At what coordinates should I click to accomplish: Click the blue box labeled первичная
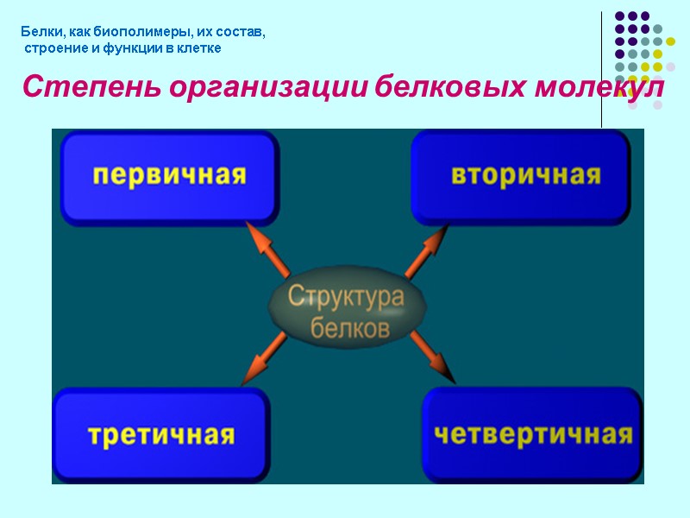pyautogui.click(x=169, y=177)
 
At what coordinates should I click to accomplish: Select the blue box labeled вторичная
pyautogui.click(x=520, y=177)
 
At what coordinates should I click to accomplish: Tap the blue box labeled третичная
pyautogui.click(x=162, y=433)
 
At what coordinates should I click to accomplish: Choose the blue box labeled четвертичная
pyautogui.click(x=532, y=433)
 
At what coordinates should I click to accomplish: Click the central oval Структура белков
pyautogui.click(x=346, y=312)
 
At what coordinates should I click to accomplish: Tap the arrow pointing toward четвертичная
pyautogui.click(x=431, y=356)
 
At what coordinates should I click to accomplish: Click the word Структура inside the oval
pyautogui.click(x=346, y=297)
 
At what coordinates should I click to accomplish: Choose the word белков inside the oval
pyautogui.click(x=349, y=328)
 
